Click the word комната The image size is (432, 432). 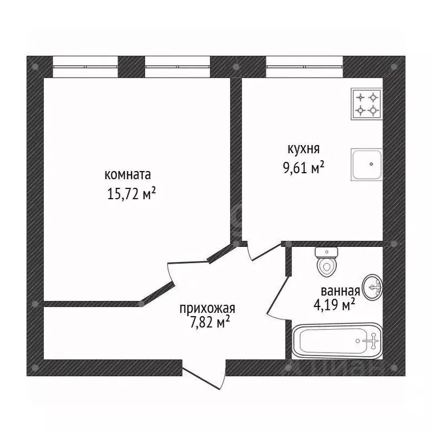[128, 175]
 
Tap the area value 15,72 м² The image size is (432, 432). [132, 193]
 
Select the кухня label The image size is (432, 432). [304, 149]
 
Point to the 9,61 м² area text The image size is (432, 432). [304, 167]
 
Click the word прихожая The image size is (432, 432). [207, 309]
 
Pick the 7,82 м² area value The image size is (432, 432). [210, 322]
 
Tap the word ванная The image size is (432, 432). [340, 291]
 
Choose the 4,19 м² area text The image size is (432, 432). [334, 304]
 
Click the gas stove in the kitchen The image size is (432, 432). [367, 104]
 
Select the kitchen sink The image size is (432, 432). [367, 164]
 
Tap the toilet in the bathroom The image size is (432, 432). [327, 262]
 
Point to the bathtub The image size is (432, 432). [337, 341]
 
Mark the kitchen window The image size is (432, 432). [304, 67]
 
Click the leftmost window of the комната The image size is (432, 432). [85, 67]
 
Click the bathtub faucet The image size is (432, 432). [372, 341]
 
